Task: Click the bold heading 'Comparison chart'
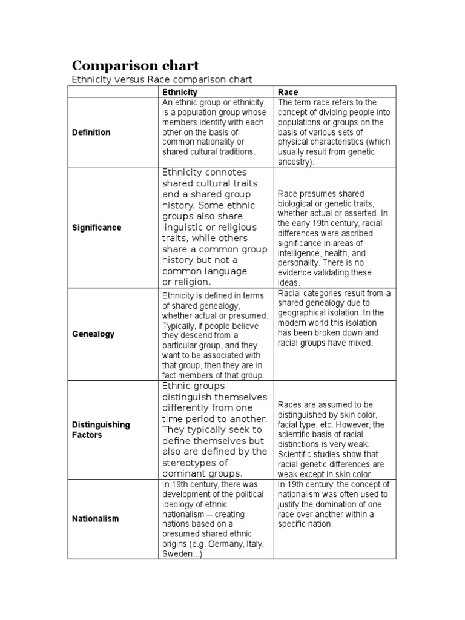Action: pyautogui.click(x=135, y=65)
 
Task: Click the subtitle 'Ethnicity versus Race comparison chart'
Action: pyautogui.click(x=161, y=79)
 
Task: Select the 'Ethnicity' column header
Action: pyautogui.click(x=179, y=92)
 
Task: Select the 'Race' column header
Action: pyautogui.click(x=288, y=92)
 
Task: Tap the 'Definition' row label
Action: pyautogui.click(x=91, y=132)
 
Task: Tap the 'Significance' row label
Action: pyautogui.click(x=96, y=228)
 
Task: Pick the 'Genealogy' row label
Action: pyautogui.click(x=93, y=334)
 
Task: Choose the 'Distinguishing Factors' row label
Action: pyautogui.click(x=101, y=430)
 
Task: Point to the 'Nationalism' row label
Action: pyautogui.click(x=96, y=519)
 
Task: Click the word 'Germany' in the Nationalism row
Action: pyautogui.click(x=217, y=544)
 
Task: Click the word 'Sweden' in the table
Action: pyautogui.click(x=176, y=553)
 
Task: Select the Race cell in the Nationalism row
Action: pyautogui.click(x=335, y=519)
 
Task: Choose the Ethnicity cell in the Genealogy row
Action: pyautogui.click(x=216, y=334)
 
